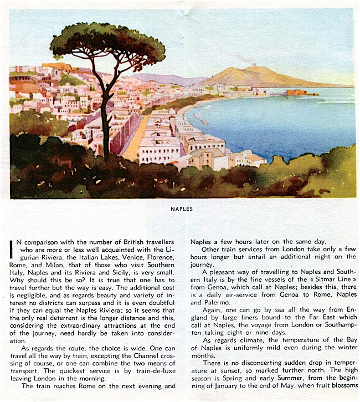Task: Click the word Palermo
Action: [x=205, y=303]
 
